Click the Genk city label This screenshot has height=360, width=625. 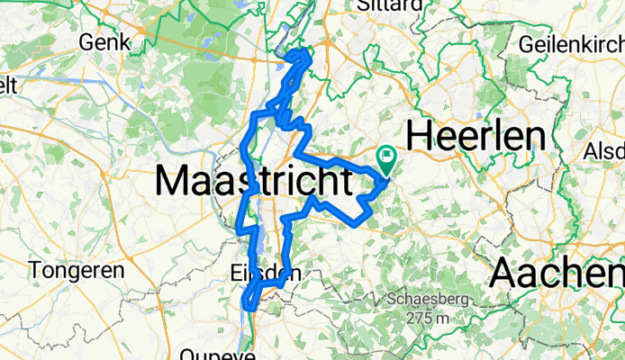click(x=104, y=41)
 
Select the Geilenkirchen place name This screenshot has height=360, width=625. click(x=571, y=42)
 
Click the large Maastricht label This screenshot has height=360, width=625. click(x=253, y=181)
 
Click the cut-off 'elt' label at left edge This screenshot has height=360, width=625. click(x=8, y=85)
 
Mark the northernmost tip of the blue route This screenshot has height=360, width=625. click(x=303, y=51)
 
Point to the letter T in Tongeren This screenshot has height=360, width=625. click(x=35, y=269)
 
